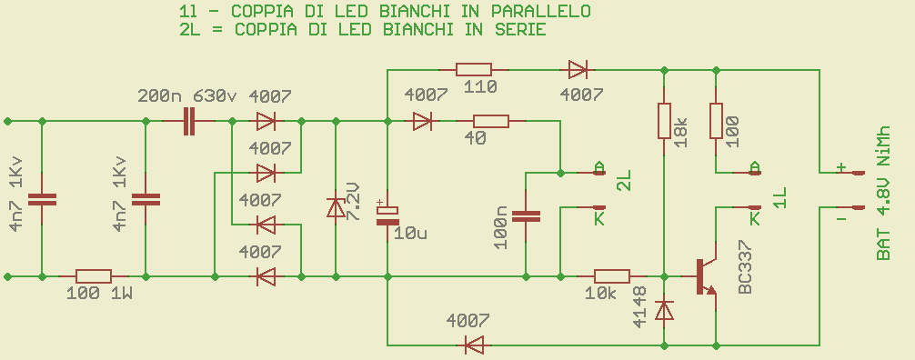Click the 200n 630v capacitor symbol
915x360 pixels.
pyautogui.click(x=189, y=121)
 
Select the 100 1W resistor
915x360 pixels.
pyautogui.click(x=93, y=275)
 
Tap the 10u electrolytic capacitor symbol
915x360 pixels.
pyautogui.click(x=387, y=214)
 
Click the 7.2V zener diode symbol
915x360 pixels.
pyautogui.click(x=336, y=208)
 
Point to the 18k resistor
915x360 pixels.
pyautogui.click(x=665, y=121)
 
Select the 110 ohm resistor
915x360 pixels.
pyautogui.click(x=473, y=69)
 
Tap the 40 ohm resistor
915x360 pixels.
pyautogui.click(x=491, y=121)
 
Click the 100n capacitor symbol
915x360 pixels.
pyautogui.click(x=526, y=216)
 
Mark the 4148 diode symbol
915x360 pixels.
pyautogui.click(x=665, y=311)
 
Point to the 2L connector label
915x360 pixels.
pyautogui.click(x=623, y=182)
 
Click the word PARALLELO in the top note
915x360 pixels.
pyautogui.click(x=542, y=12)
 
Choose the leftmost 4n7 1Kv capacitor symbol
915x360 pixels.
pyautogui.click(x=42, y=199)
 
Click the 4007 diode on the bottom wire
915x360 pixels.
pyautogui.click(x=473, y=345)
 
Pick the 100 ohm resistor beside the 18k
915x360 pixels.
pyautogui.click(x=717, y=121)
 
